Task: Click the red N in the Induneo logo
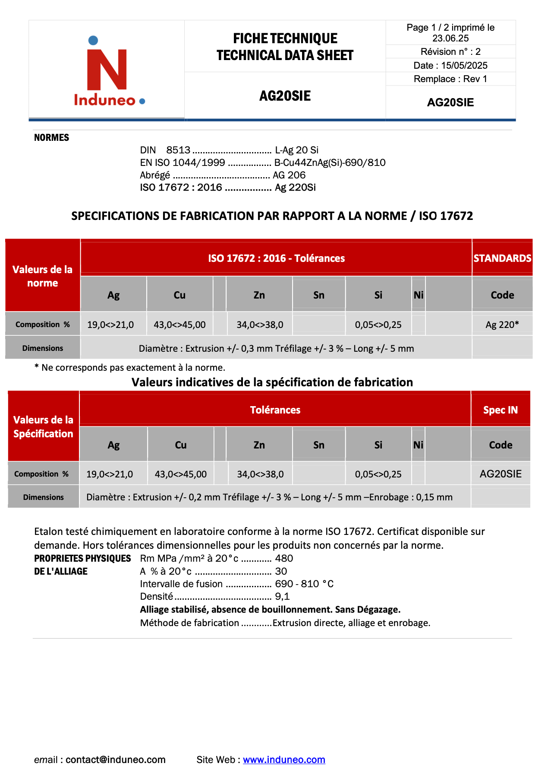[x=107, y=70]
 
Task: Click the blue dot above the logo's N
[x=93, y=41]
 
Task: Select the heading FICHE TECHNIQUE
[x=285, y=38]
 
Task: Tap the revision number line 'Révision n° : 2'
[x=450, y=52]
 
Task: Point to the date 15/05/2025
[x=464, y=66]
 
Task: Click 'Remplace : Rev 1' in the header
[x=450, y=79]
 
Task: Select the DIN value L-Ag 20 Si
[x=296, y=150]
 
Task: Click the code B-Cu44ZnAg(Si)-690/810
[x=330, y=162]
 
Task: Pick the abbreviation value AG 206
[x=289, y=175]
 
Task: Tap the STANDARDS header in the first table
[x=502, y=258]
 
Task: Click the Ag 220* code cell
[x=502, y=324]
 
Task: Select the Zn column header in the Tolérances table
[x=259, y=445]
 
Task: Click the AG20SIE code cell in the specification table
[x=501, y=474]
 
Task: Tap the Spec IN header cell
[x=500, y=410]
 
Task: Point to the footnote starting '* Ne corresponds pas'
[x=130, y=368]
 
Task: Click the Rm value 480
[x=284, y=558]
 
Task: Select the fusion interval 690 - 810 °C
[x=304, y=584]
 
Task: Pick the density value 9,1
[x=282, y=596]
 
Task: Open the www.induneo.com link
[x=284, y=760]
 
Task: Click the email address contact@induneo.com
[x=115, y=760]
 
